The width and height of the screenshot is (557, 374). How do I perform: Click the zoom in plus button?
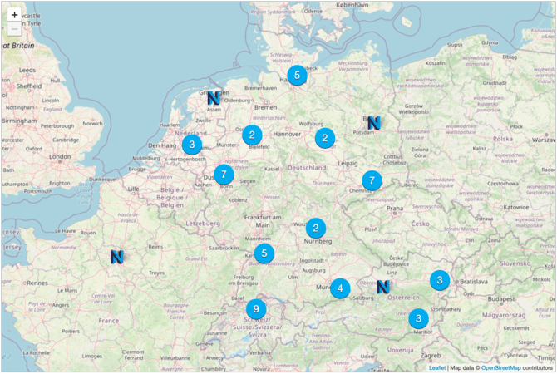click(14, 15)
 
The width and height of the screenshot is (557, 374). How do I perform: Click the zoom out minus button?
click(14, 30)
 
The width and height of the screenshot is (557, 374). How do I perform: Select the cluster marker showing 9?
click(256, 309)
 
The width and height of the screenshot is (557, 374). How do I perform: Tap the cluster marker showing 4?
click(339, 288)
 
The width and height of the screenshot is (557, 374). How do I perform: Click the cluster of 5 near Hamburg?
click(297, 75)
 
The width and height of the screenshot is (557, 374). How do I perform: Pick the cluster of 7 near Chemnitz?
click(372, 180)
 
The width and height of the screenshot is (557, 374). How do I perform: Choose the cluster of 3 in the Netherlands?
click(192, 145)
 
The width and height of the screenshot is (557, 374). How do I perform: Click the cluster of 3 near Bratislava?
click(440, 280)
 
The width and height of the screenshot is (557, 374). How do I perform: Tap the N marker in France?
click(116, 257)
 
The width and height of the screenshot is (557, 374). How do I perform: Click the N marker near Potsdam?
click(373, 122)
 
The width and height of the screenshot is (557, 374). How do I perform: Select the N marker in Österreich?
click(382, 287)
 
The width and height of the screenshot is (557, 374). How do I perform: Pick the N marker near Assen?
click(214, 97)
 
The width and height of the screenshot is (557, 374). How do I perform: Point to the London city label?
click(60, 156)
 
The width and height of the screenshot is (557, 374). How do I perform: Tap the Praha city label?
click(394, 208)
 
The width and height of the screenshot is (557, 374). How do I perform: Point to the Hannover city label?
click(285, 133)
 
